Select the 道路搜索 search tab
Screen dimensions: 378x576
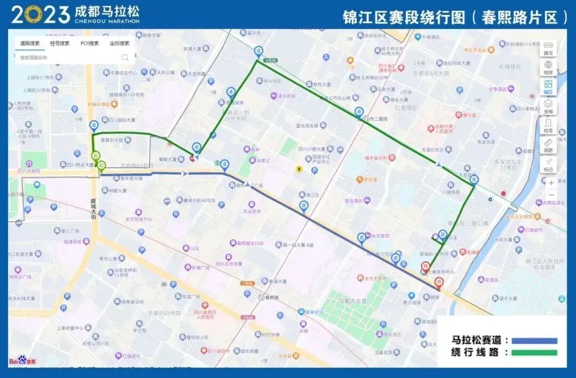(29, 43)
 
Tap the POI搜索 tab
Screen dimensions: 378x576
(90, 43)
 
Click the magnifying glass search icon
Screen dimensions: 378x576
(125, 57)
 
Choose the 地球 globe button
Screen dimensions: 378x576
(548, 67)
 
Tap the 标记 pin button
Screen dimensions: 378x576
(548, 164)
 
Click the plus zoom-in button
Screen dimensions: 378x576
(551, 183)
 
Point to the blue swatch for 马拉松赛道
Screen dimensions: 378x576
(534, 340)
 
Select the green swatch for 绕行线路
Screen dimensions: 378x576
(534, 352)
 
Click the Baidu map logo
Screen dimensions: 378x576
(22, 360)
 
